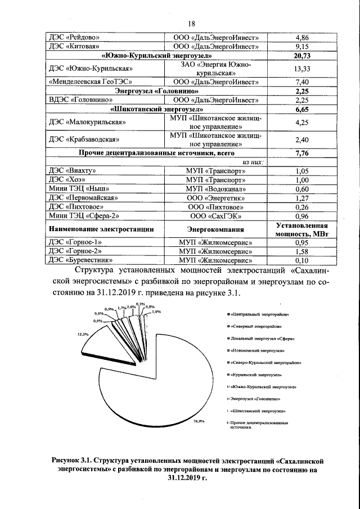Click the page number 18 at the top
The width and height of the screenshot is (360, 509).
(x=191, y=23)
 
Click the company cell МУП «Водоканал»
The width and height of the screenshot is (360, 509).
(x=216, y=189)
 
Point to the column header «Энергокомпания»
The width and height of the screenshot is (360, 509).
(x=216, y=229)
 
